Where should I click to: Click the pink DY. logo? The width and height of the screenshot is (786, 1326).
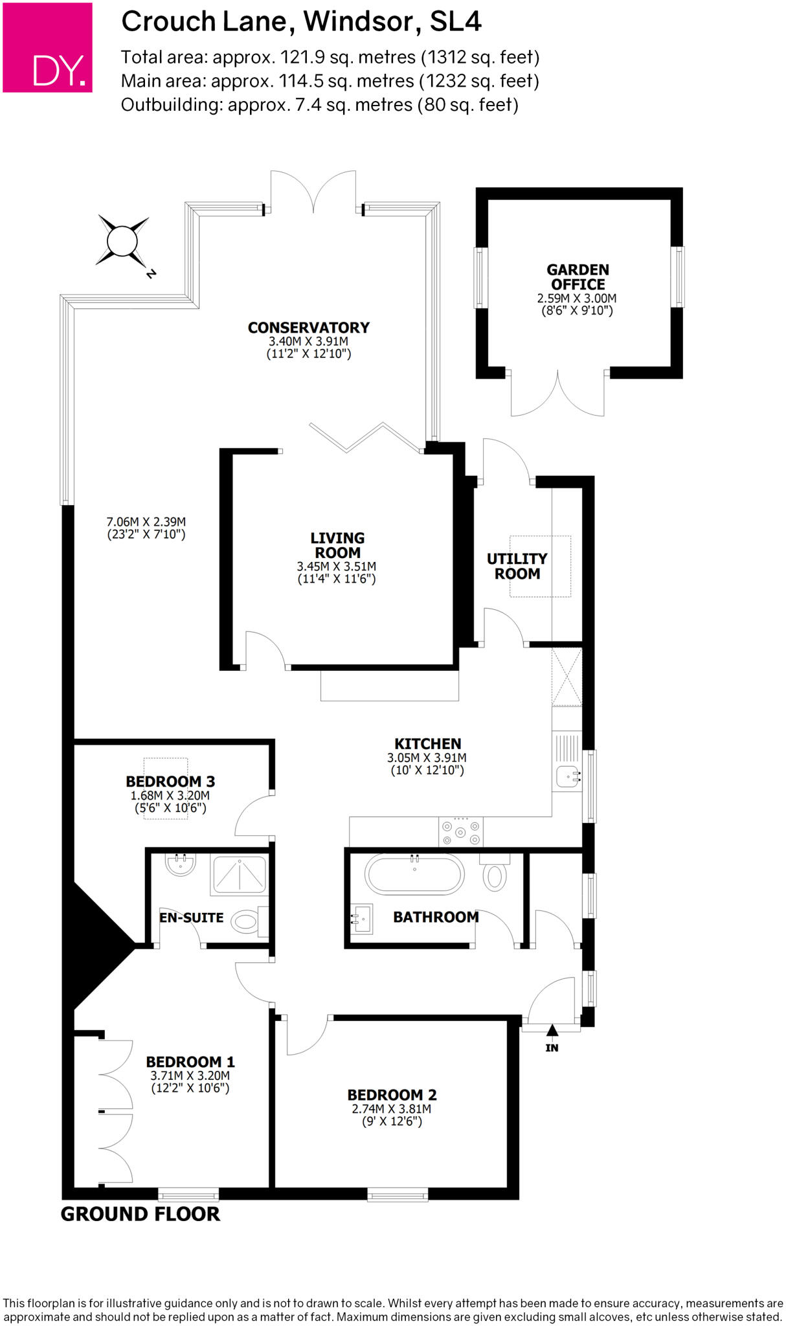click(x=47, y=47)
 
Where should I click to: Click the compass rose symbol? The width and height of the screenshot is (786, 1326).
click(x=122, y=242)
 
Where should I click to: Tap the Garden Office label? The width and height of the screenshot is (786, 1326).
click(x=578, y=277)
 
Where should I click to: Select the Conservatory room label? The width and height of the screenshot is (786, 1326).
click(x=308, y=328)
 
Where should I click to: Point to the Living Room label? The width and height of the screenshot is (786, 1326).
click(x=337, y=545)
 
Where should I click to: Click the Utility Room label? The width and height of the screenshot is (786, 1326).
click(x=517, y=566)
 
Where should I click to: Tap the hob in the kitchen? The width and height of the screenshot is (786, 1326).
click(x=461, y=831)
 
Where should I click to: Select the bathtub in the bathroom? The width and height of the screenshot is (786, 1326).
click(x=414, y=874)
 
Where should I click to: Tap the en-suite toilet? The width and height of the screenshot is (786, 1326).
click(x=247, y=921)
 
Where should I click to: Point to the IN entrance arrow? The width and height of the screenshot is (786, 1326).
click(x=552, y=1030)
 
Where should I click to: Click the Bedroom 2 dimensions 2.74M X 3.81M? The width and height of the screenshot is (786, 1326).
click(x=391, y=1109)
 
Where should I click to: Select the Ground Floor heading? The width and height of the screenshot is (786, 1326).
click(x=140, y=1215)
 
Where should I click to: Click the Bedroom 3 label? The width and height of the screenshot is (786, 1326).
click(x=170, y=781)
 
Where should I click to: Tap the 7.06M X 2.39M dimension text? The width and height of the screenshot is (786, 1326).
click(x=146, y=522)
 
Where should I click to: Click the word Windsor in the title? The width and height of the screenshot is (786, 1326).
click(x=358, y=21)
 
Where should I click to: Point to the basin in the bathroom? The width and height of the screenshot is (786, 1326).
click(x=362, y=919)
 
